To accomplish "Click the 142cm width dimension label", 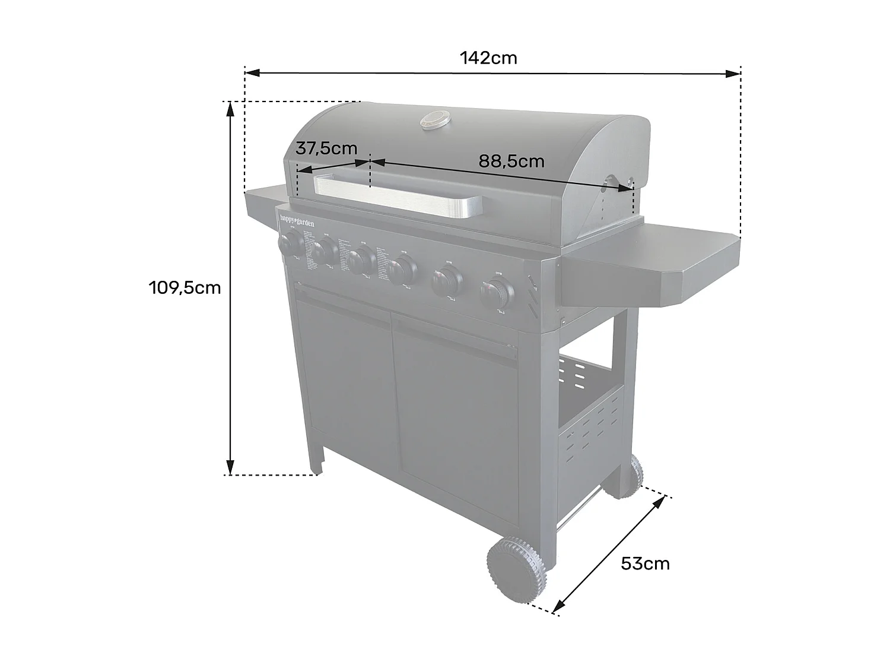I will coord(488,58).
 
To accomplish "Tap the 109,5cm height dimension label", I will coord(185,288).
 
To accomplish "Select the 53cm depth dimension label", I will coord(645,563).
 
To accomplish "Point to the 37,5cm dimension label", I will coord(326,148).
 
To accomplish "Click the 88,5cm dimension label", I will coord(511,161).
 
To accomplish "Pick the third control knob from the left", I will coord(361,261).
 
